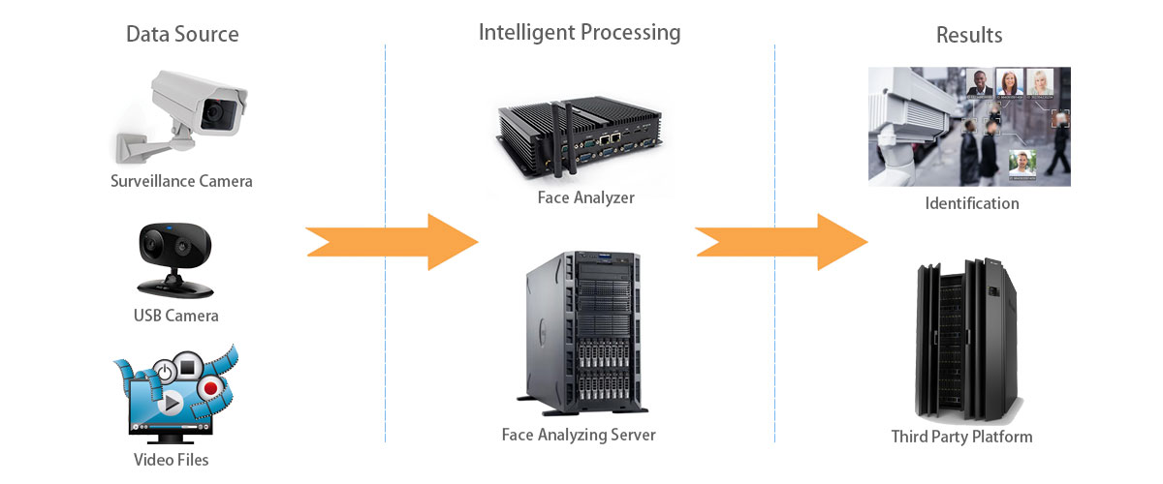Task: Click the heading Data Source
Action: coord(182,35)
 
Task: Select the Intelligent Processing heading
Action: coord(580,32)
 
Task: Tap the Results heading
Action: coord(968,36)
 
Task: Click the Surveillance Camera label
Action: coord(181,181)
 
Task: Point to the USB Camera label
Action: coord(175,316)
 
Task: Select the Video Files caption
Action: coord(171,459)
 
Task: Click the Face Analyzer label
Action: coord(585,197)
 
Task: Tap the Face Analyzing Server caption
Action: coord(579,435)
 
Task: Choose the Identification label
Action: coord(972,203)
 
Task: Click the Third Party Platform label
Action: coord(961,437)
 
